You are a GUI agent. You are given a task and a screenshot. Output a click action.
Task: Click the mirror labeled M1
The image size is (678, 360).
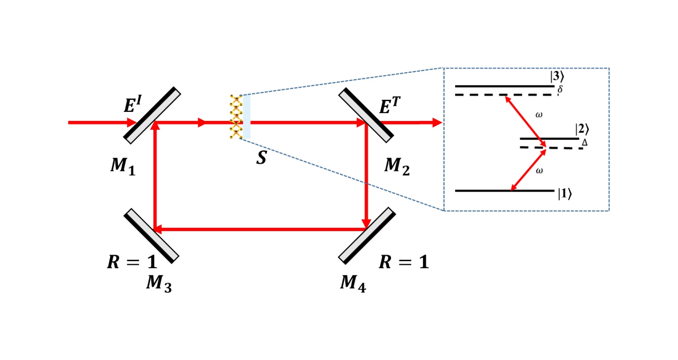(152, 115)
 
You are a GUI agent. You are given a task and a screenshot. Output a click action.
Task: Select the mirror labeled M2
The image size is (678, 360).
(366, 115)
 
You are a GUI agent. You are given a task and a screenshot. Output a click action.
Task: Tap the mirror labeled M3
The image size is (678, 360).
(152, 236)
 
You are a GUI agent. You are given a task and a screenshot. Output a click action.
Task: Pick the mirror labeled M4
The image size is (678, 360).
(367, 236)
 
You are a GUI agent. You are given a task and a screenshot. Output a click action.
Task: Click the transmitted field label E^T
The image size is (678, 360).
(390, 106)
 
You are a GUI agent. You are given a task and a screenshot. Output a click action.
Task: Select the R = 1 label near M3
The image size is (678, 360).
(132, 262)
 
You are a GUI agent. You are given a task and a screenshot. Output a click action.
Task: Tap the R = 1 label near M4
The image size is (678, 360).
(404, 262)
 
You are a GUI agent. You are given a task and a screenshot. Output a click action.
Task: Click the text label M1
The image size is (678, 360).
(123, 166)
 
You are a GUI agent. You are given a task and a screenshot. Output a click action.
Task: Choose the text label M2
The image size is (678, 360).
(397, 166)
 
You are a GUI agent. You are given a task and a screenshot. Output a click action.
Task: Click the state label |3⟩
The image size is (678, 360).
(557, 77)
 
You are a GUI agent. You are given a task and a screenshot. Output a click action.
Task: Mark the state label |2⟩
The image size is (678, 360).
(582, 129)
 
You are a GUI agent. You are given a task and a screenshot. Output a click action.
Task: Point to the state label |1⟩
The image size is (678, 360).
(564, 194)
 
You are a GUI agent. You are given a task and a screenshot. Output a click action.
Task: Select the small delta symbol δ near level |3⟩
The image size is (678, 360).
(560, 90)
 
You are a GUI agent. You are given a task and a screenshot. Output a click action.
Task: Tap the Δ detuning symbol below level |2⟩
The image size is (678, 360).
(584, 142)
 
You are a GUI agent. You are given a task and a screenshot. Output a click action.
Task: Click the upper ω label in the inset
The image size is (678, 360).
(539, 115)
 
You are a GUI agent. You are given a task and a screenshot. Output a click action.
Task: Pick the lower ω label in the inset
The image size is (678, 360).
(539, 171)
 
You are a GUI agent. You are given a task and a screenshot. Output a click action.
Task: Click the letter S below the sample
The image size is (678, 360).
(261, 158)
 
